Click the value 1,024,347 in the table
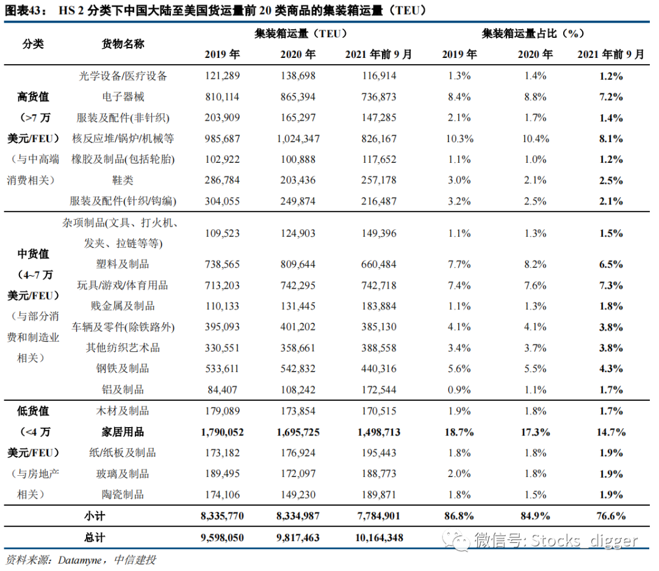pyautogui.click(x=298, y=138)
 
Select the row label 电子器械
pyautogui.click(x=123, y=97)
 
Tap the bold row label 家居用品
pyautogui.click(x=123, y=432)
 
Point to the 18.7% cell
pyautogui.click(x=459, y=432)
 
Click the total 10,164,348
pyautogui.click(x=379, y=537)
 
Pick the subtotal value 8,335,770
pyautogui.click(x=222, y=516)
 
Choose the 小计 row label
pyautogui.click(x=94, y=516)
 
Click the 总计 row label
pyautogui.click(x=94, y=537)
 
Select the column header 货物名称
pyautogui.click(x=123, y=44)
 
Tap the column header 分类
pyautogui.click(x=33, y=44)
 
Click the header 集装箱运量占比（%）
pyautogui.click(x=533, y=33)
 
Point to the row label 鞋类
pyautogui.click(x=123, y=180)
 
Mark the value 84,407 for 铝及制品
pyautogui.click(x=222, y=390)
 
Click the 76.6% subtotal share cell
pyautogui.click(x=611, y=516)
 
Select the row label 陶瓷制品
pyautogui.click(x=123, y=495)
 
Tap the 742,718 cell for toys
pyautogui.click(x=379, y=285)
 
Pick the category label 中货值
pyautogui.click(x=33, y=254)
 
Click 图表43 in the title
pyautogui.click(x=23, y=10)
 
